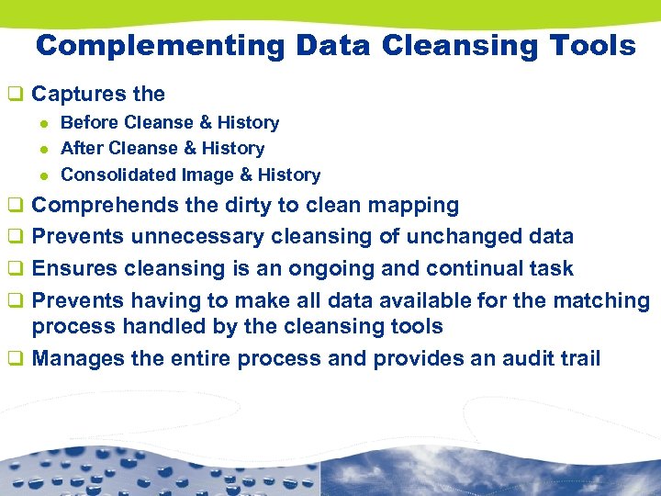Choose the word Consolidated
[118, 175]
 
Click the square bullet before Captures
[14, 95]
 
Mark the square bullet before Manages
[14, 358]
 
